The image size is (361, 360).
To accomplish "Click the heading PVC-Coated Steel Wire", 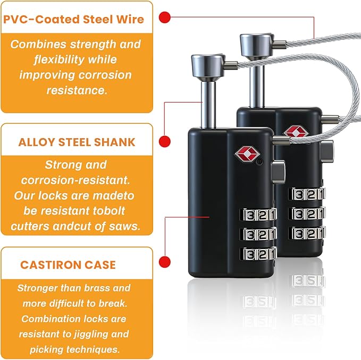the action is tap(74, 19).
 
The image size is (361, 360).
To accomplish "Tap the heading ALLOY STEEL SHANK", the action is tap(77, 142).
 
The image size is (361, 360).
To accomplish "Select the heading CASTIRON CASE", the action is tap(68, 265).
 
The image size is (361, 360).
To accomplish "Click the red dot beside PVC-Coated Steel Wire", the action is tap(165, 17).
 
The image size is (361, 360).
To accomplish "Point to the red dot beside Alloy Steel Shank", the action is tap(165, 141).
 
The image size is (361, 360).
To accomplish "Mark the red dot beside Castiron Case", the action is tap(165, 262).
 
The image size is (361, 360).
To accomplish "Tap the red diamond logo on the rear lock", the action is tap(296, 132).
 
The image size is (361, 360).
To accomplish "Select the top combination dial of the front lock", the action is tap(258, 215).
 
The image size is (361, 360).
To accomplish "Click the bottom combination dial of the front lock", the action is tap(258, 254).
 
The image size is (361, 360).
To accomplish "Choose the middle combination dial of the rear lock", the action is tap(307, 214).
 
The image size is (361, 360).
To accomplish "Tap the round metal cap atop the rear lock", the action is tap(257, 45).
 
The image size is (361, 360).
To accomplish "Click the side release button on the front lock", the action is tap(279, 172).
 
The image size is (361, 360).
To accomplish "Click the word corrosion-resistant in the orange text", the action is tap(75, 180).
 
